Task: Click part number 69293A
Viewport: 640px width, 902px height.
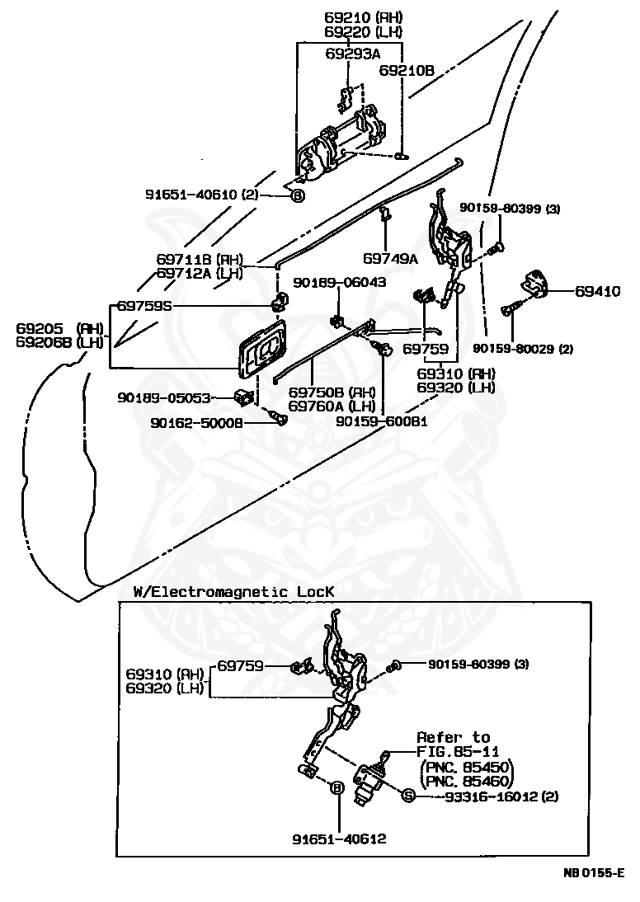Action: coord(353,54)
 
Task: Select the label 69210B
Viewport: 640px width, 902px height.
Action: coord(407,71)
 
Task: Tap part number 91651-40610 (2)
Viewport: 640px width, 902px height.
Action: coord(199,195)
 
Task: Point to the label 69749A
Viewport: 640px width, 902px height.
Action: coord(390,259)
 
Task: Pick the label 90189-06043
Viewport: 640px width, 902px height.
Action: coord(340,283)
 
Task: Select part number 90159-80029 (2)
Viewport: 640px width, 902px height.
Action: coord(523,349)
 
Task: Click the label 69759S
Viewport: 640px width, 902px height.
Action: coord(144,306)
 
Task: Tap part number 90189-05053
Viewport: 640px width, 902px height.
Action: coord(164,397)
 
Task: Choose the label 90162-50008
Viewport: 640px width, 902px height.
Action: coord(197,423)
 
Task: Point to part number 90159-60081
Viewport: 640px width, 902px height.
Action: coord(382,421)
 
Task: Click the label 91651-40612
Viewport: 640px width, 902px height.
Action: coord(340,839)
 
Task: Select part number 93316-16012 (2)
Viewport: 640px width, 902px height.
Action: coord(501,796)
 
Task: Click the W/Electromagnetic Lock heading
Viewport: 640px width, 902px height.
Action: coord(233,591)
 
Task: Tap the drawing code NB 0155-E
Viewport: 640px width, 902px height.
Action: coord(594,873)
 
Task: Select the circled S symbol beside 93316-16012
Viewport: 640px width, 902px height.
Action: coord(408,796)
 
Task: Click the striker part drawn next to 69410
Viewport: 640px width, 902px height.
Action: coord(534,284)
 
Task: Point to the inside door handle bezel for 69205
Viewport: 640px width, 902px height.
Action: coord(263,351)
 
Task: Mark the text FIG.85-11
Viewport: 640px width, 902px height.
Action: coord(458,752)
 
